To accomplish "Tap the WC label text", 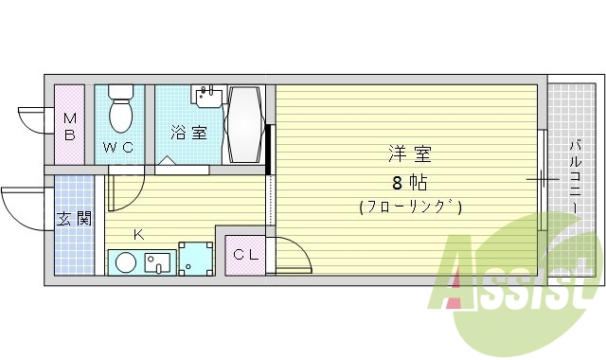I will coord(118,147).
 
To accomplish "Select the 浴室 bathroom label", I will coord(188,132).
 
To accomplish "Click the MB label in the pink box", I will coord(69,126).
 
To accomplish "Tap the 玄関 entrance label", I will coord(73,219).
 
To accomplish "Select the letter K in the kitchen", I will coord(137,233).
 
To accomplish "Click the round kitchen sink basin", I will coord(124,261).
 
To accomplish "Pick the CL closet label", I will coord(246,253).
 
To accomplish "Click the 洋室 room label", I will coord(409,153).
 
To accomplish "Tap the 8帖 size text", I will coord(409,180).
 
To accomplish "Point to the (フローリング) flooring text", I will coord(410,207).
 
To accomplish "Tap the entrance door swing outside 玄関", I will coord(24,204).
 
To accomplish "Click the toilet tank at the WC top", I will coord(120,92).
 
